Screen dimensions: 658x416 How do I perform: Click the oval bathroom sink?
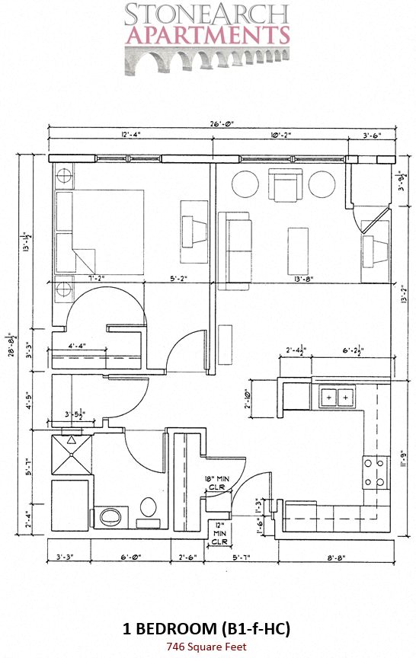pos(110,517)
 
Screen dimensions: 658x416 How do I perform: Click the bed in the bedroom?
pos(98,232)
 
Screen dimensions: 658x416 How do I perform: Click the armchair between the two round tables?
pos(286,185)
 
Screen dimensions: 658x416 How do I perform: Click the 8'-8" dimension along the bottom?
pos(337,557)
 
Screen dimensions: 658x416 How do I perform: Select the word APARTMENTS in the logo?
pos(208,35)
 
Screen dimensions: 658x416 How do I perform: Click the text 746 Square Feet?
pos(207,647)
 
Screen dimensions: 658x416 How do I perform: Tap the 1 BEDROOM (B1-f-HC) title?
pos(207,629)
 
